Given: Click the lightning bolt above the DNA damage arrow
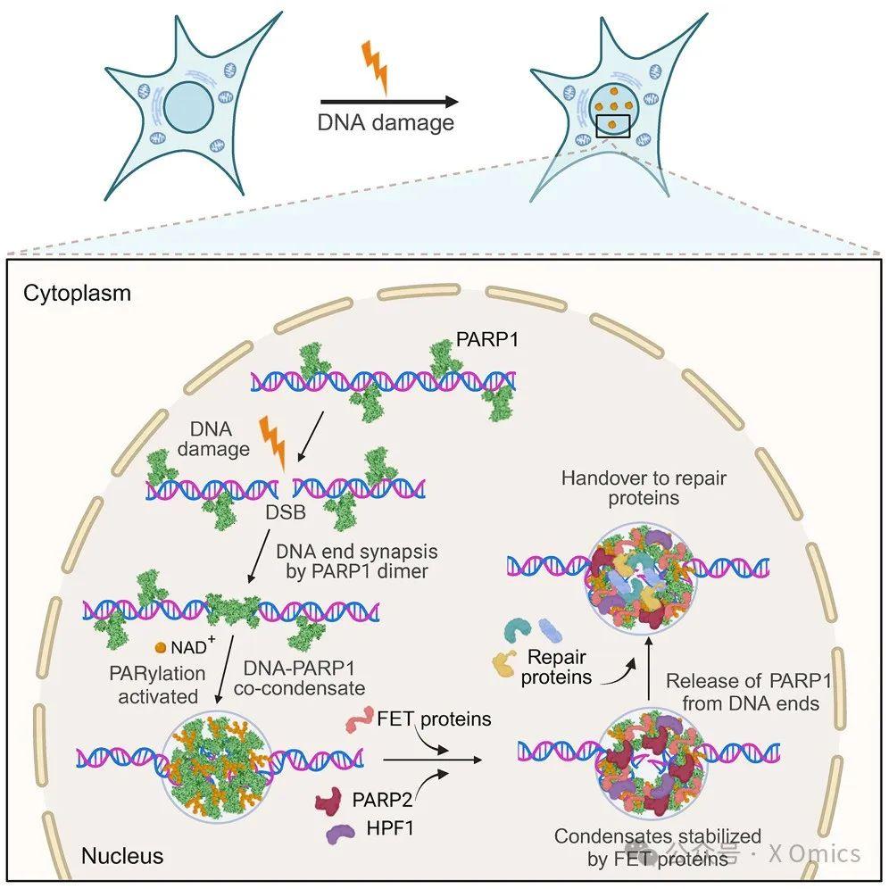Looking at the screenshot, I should pos(377,66).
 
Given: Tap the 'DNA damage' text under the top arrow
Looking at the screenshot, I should pos(386,122).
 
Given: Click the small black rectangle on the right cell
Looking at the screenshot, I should pos(612,126).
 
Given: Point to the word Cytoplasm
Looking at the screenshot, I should pos(77,293).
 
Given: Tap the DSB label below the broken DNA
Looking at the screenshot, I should pos(286,515).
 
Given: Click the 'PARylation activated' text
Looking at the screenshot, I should pos(159,684).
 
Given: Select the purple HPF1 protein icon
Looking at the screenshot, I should pos(338,835).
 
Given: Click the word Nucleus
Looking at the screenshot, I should pos(122,855).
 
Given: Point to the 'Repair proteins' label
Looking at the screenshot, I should pos(557,667).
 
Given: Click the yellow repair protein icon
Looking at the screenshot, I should pos(507,661).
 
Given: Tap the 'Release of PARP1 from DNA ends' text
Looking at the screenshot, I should pos(749,693).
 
